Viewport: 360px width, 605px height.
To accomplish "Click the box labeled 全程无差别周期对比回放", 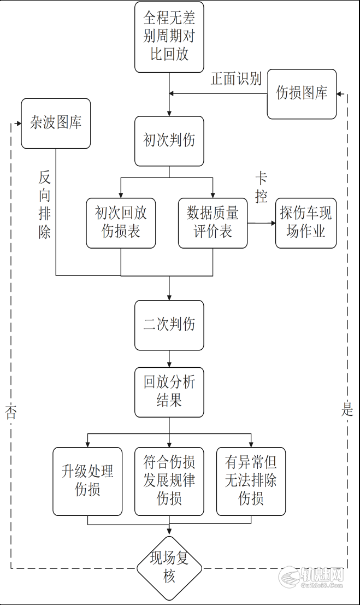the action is (169, 37).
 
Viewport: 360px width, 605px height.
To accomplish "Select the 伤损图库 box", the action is (302, 94).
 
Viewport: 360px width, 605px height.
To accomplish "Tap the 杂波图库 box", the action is (56, 124).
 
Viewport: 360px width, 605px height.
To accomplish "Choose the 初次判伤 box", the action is (169, 141).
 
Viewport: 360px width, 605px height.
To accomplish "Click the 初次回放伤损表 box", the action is (121, 223).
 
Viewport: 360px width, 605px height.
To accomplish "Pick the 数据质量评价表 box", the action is (213, 223).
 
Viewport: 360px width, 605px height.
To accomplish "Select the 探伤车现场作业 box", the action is (306, 223).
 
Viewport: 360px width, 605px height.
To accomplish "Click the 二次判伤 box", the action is (169, 325).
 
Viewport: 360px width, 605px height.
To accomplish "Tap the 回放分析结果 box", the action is (169, 392).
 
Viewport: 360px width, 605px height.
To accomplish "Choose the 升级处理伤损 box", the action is (87, 481).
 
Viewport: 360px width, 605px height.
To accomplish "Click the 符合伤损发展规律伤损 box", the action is (169, 481).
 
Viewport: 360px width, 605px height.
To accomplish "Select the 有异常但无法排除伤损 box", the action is (251, 481).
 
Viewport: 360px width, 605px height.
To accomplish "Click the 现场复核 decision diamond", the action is (169, 568).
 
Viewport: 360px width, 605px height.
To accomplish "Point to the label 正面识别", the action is (236, 79).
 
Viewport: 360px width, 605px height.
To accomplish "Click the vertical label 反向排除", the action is (44, 205).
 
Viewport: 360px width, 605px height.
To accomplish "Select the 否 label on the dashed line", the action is (11, 413).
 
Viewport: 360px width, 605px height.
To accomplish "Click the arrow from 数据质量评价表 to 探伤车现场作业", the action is (261, 223).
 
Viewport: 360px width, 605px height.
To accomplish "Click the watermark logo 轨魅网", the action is (311, 577).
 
